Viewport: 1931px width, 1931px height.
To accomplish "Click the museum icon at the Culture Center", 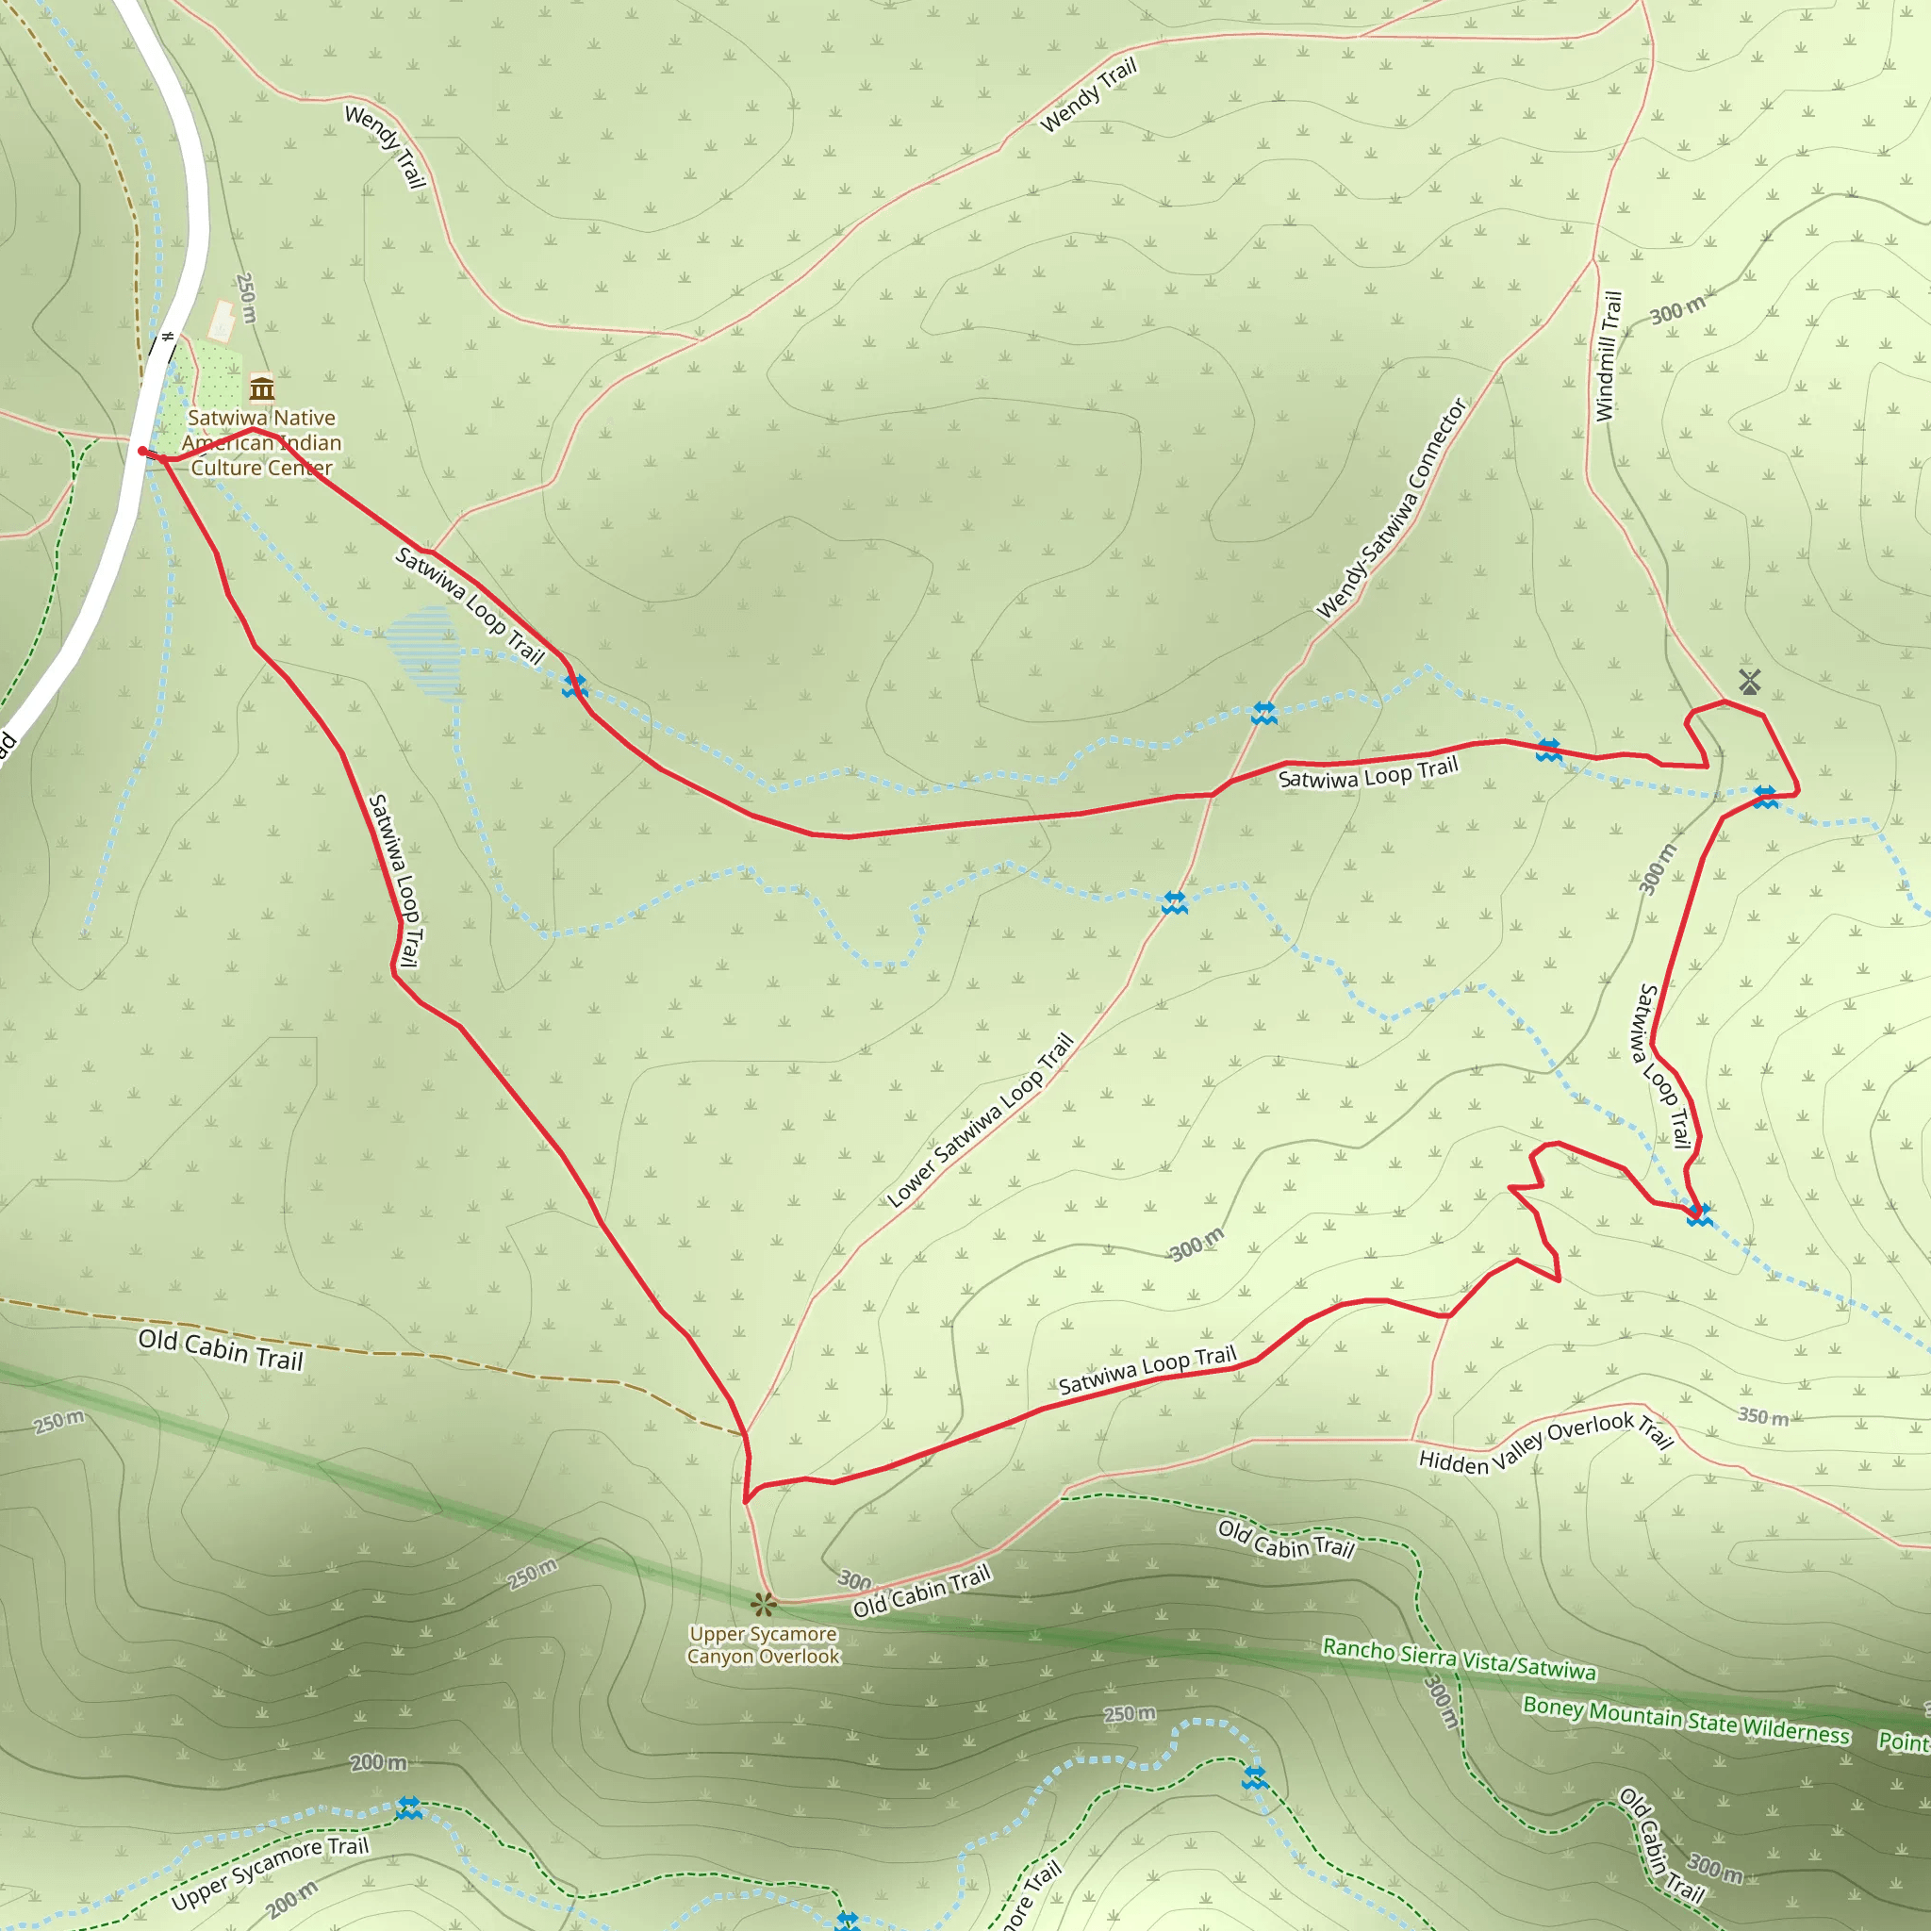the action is [262, 387].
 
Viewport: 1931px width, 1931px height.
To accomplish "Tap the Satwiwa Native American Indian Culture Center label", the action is [262, 443].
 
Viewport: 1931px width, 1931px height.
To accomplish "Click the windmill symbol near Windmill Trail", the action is [1749, 682].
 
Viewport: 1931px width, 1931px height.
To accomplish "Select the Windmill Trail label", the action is [1609, 355].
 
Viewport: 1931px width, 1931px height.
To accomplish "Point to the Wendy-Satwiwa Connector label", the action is [1392, 509].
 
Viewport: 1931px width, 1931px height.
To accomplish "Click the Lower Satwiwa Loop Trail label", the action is [981, 1119].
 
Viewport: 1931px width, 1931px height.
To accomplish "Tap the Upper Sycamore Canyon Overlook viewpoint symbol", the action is [764, 1604].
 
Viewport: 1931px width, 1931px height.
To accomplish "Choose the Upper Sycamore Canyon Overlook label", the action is [764, 1645].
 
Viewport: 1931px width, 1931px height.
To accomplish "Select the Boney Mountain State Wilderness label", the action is [1686, 1719].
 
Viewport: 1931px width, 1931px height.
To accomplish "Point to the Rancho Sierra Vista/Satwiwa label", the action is [1460, 1659].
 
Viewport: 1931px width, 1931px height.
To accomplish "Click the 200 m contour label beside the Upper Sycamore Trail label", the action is [292, 1898].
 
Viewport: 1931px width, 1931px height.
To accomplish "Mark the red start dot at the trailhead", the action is [142, 451].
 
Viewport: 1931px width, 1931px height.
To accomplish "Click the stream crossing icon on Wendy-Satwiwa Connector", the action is [1264, 713].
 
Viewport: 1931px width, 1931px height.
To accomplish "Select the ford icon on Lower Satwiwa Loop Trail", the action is [1175, 902].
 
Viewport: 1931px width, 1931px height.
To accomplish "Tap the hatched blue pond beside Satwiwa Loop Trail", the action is [423, 652].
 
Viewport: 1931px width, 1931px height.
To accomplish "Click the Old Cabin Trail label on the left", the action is [220, 1349].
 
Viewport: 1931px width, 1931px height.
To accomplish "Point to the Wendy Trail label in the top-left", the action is [386, 146].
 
